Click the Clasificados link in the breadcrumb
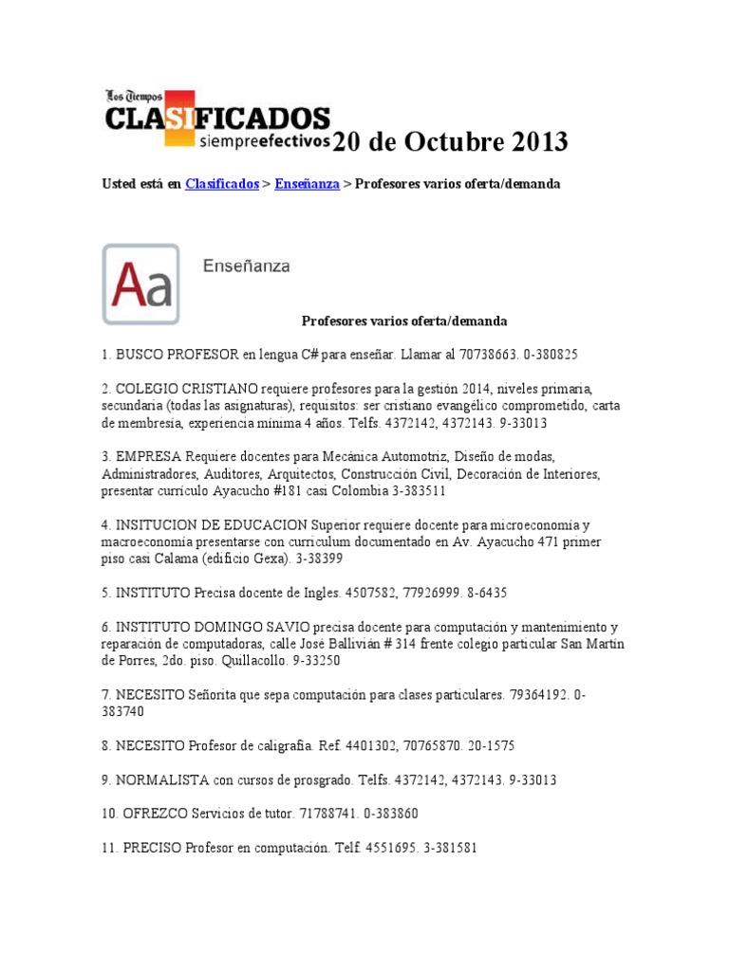click(x=222, y=184)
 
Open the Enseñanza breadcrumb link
click(x=307, y=184)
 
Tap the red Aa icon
click(x=140, y=284)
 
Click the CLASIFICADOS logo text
click(x=216, y=119)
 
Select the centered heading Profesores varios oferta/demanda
click(x=404, y=321)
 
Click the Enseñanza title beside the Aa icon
click(x=247, y=267)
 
